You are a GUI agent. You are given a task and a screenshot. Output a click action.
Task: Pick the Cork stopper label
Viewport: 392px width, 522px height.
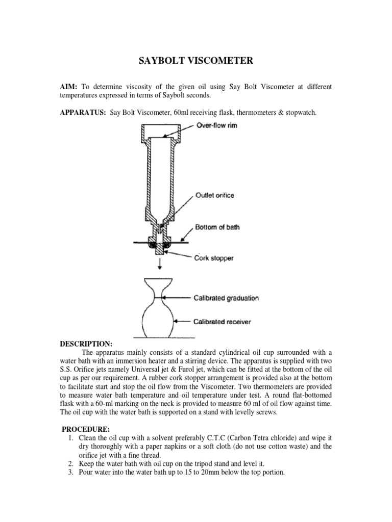coord(213,258)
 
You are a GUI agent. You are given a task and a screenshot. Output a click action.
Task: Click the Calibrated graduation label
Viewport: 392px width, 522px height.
coord(227,298)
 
